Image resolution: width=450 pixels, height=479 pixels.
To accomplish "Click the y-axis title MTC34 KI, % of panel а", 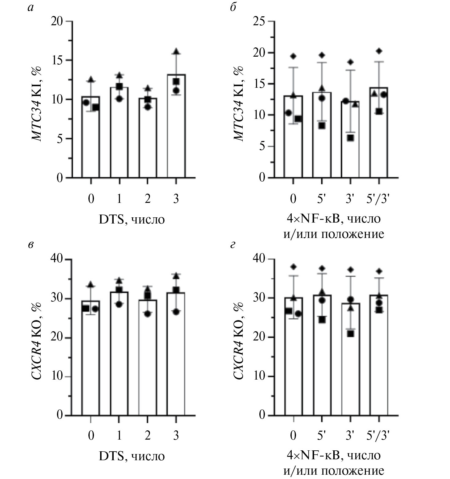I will click(x=37, y=103).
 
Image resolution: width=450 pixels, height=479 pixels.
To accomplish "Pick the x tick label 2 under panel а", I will click(x=148, y=199).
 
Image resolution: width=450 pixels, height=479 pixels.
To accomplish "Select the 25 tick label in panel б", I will click(x=259, y=22).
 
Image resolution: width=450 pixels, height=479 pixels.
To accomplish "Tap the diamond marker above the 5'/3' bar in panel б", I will click(x=379, y=51).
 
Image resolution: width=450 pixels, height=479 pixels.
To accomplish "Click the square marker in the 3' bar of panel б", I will click(x=351, y=138).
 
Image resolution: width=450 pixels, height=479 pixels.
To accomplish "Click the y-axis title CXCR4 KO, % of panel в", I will click(x=37, y=340).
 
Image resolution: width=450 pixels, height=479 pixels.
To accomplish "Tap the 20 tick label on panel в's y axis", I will click(x=57, y=338).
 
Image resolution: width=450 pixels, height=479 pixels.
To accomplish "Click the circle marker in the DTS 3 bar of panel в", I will click(x=176, y=312).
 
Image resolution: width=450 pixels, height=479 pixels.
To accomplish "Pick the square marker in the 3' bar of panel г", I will click(x=351, y=334).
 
